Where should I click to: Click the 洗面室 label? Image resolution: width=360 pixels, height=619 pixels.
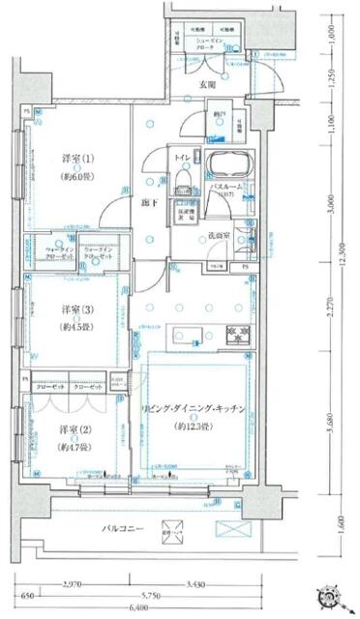pos(217,235)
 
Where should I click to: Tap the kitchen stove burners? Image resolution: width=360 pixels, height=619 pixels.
pos(236,336)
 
